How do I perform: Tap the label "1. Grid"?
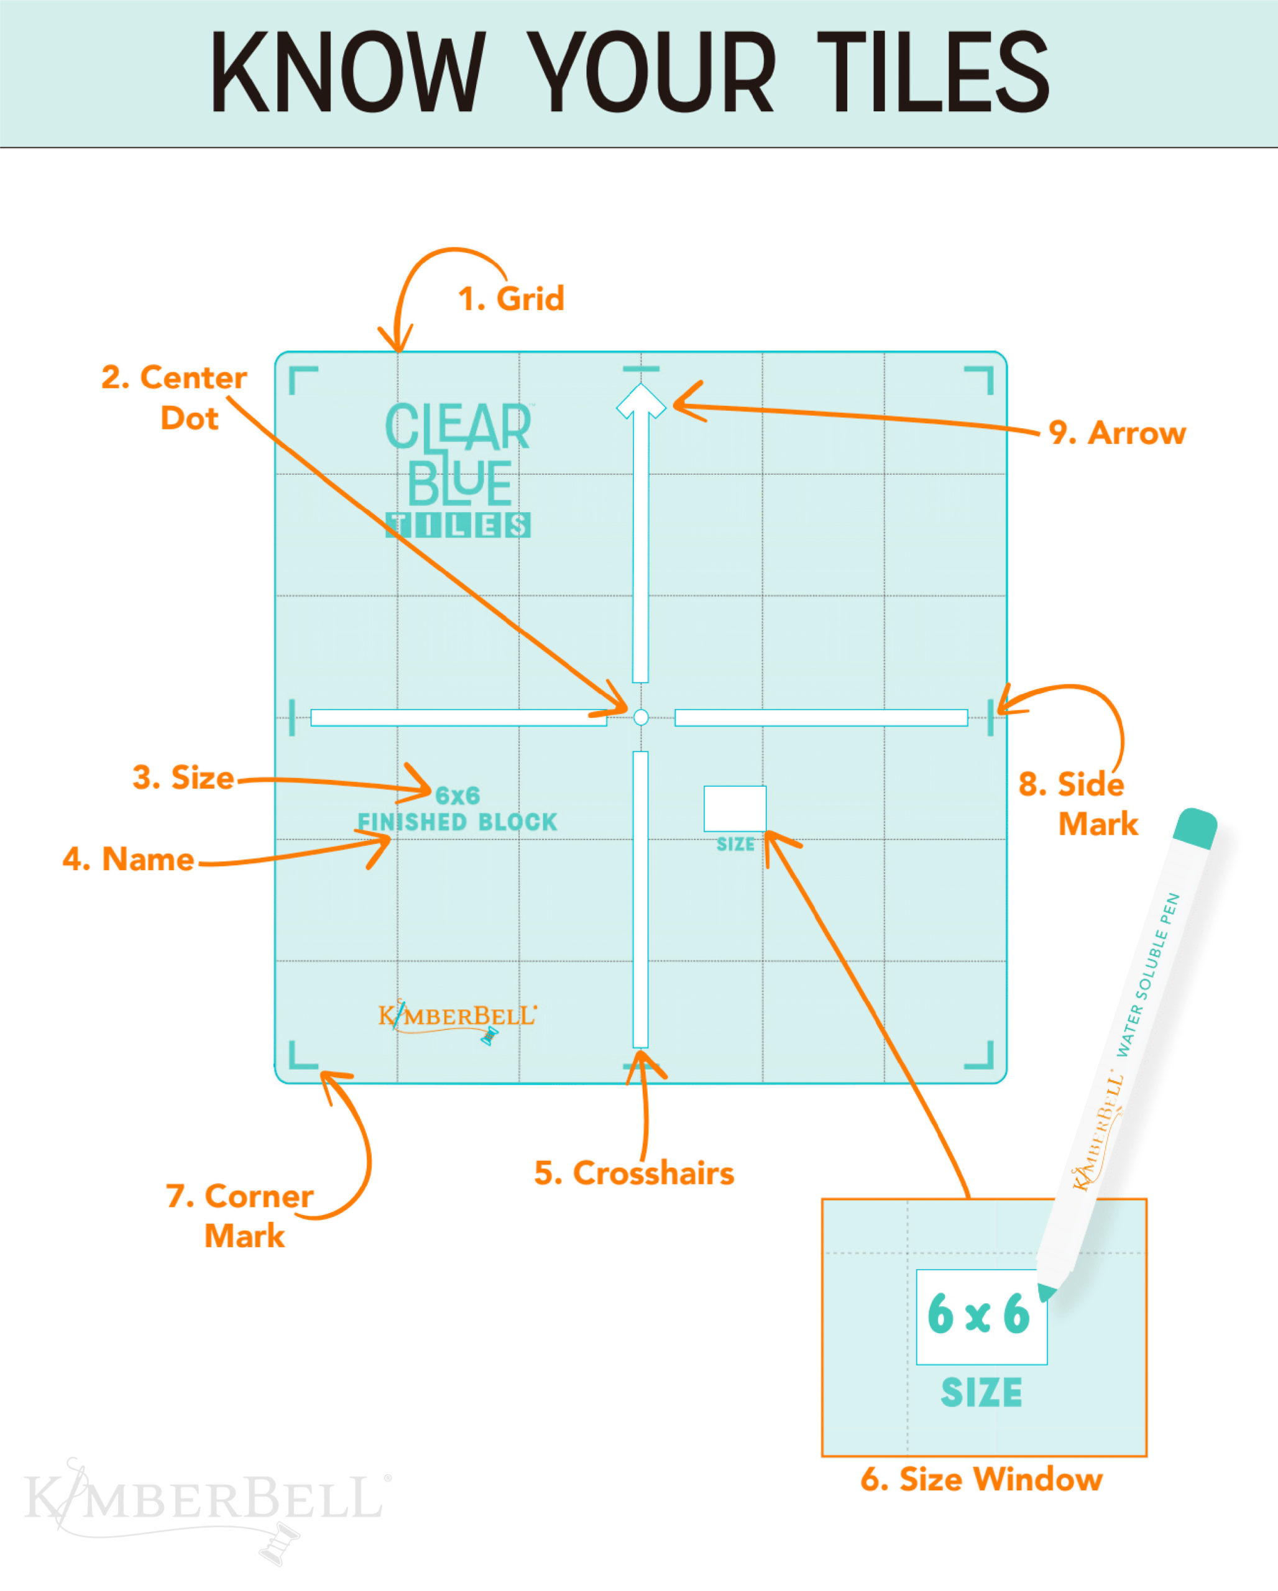pos(510,299)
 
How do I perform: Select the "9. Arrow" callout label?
pos(1116,433)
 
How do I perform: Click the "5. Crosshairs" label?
pos(634,1173)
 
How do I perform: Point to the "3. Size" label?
pos(183,778)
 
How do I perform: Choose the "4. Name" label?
pos(129,860)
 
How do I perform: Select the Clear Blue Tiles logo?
pos(458,469)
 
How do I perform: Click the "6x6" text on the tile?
pos(457,795)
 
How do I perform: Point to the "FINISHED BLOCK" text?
pos(457,822)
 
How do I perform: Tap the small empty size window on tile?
pos(735,809)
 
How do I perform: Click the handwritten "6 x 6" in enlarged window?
pos(978,1314)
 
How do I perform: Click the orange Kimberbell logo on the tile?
pos(457,1017)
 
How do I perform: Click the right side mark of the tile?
pos(990,717)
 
